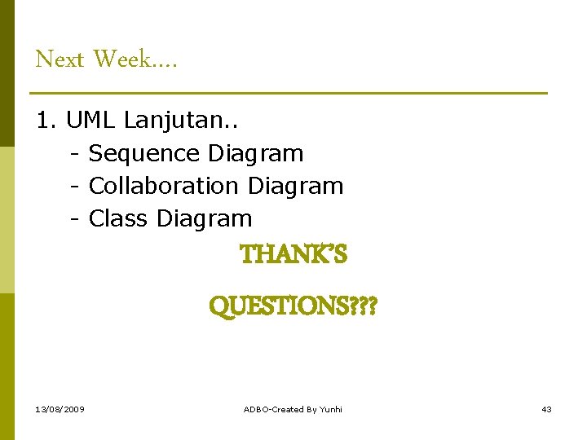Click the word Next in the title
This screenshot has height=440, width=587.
60,59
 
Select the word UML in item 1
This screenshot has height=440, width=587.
91,121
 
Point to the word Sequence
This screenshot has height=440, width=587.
144,153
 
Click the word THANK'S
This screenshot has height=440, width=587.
293,255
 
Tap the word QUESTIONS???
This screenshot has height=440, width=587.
293,307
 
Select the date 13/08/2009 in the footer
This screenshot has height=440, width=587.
60,409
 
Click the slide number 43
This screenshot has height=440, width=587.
546,409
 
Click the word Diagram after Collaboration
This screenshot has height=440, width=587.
295,186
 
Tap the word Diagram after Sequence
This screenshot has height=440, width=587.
255,153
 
